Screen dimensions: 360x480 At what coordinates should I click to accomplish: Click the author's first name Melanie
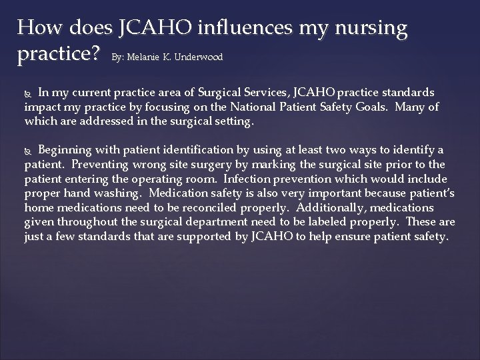tap(148, 58)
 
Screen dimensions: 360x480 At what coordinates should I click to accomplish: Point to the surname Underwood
tap(198, 58)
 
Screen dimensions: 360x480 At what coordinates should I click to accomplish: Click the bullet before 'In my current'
tap(29, 92)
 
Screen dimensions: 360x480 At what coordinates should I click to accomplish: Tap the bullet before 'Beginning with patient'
tap(29, 150)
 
